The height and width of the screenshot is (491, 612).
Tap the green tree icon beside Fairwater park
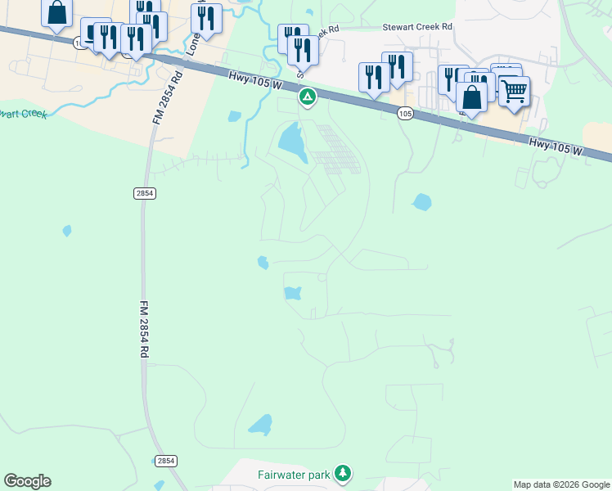pyautogui.click(x=344, y=473)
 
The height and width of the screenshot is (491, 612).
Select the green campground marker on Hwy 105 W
pyautogui.click(x=308, y=99)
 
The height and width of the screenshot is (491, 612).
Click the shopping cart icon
pyautogui.click(x=514, y=91)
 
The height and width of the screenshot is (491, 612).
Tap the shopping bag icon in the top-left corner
pyautogui.click(x=56, y=12)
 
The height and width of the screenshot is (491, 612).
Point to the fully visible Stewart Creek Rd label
pyautogui.click(x=417, y=27)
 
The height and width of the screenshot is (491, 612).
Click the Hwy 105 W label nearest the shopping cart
pyautogui.click(x=556, y=146)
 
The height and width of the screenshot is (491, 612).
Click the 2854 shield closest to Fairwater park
pyautogui.click(x=166, y=462)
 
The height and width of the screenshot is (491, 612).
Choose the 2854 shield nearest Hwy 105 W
pyautogui.click(x=144, y=193)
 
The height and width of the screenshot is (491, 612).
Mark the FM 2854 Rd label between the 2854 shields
pyautogui.click(x=144, y=327)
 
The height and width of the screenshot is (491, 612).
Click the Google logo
pyautogui.click(x=27, y=481)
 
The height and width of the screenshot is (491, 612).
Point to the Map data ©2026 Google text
pyautogui.click(x=561, y=484)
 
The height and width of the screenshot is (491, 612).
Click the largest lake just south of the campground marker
pyautogui.click(x=291, y=142)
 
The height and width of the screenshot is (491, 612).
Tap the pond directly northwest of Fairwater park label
pyautogui.click(x=260, y=425)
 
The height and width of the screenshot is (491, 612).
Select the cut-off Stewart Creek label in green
pyautogui.click(x=23, y=114)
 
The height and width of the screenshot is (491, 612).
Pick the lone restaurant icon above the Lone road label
pyautogui.click(x=206, y=17)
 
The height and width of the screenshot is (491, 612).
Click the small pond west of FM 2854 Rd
pyautogui.click(x=67, y=231)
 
